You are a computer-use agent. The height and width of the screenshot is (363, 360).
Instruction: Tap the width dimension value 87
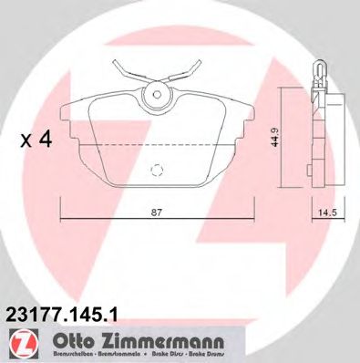(158, 213)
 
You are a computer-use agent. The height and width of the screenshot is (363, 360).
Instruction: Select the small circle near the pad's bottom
(158, 169)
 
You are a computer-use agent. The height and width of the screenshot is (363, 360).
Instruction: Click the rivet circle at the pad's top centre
(156, 93)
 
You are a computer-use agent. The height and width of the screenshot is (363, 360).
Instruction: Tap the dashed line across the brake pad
(158, 144)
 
